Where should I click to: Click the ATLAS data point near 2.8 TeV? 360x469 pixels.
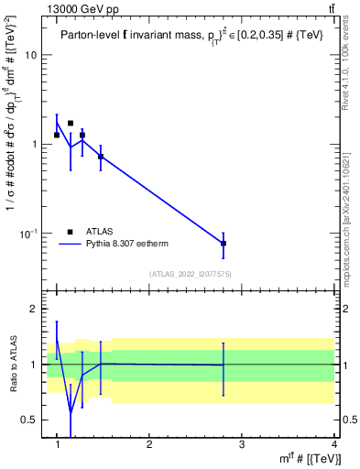(224, 244)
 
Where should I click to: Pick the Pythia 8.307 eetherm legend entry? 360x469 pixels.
(128, 245)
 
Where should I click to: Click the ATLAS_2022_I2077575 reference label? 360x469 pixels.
(190, 273)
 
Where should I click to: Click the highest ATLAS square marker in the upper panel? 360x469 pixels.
(71, 123)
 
